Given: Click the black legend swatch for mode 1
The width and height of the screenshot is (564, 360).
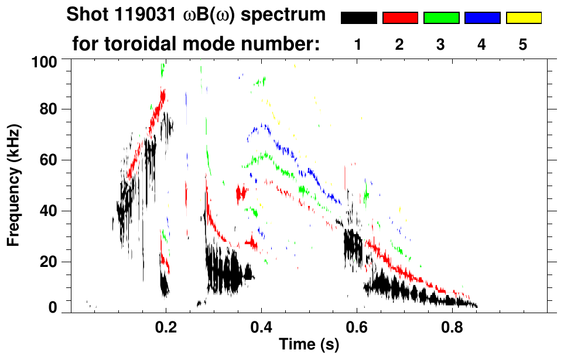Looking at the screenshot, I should (358, 18).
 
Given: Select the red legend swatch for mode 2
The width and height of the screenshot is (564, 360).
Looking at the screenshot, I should (400, 18).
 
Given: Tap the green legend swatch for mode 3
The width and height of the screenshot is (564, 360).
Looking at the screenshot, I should (441, 18).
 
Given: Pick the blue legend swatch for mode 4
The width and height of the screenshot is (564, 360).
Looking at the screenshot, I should (482, 18).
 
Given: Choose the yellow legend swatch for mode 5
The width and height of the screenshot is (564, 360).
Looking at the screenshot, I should (523, 18).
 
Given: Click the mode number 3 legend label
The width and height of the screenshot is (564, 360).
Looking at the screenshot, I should (441, 44).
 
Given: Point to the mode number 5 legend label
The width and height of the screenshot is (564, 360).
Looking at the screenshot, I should (523, 44).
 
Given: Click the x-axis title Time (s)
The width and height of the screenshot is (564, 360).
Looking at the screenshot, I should (309, 345).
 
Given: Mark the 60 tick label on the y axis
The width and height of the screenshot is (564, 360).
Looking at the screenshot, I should (48, 160).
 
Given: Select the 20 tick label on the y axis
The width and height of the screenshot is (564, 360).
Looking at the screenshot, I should (48, 262).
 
